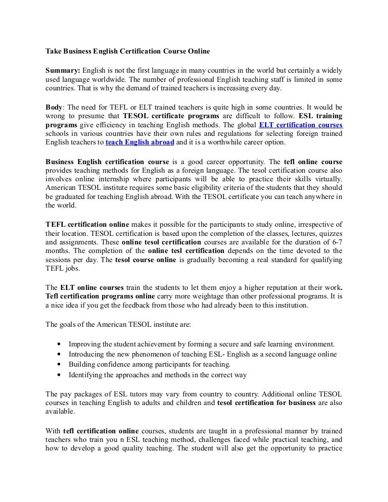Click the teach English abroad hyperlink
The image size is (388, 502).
coord(140,142)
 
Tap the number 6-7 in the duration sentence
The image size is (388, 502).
coord(335,241)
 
